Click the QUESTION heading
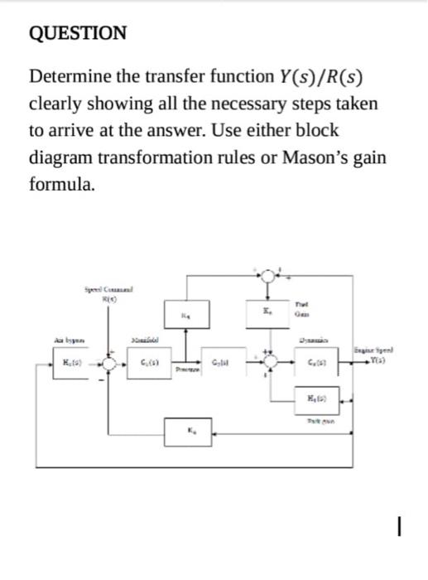(78, 33)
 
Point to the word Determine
(71, 79)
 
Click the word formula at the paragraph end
(61, 184)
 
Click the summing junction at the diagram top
(267, 275)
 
